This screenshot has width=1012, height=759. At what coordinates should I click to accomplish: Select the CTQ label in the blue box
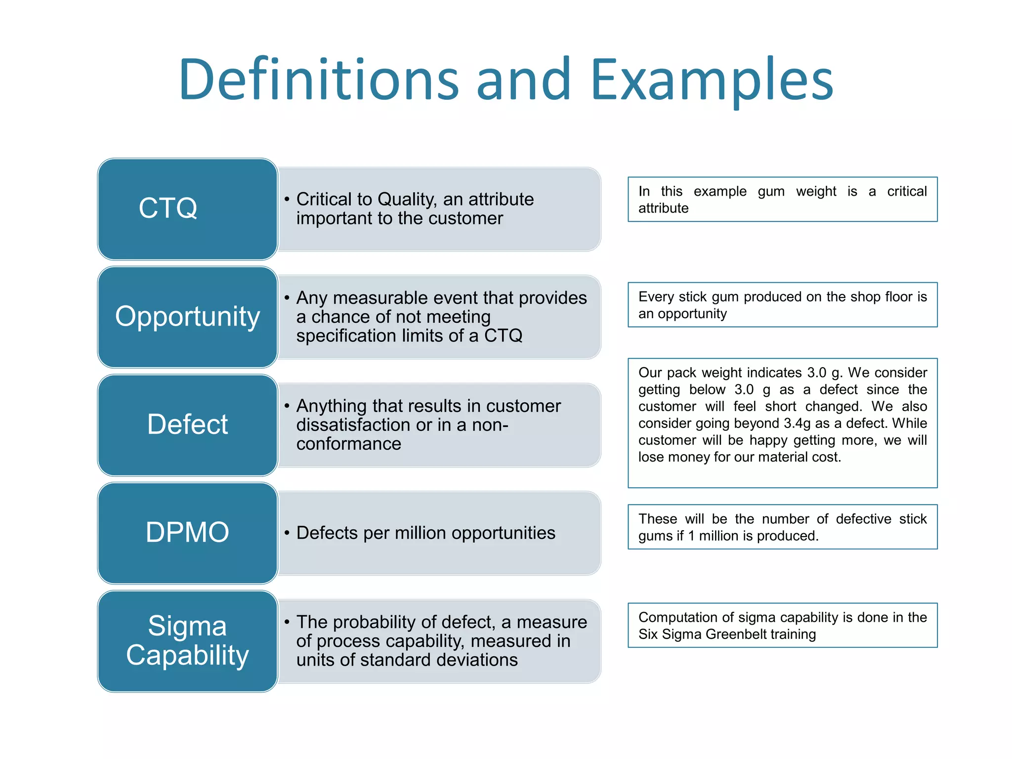[168, 208]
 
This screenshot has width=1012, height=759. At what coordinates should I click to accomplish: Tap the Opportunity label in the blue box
[187, 317]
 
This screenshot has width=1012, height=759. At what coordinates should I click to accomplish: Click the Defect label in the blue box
[187, 424]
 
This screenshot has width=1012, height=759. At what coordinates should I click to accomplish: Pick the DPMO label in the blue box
[187, 532]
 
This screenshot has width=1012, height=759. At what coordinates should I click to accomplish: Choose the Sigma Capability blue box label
[187, 640]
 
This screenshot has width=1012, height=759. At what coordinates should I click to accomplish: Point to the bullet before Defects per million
[287, 533]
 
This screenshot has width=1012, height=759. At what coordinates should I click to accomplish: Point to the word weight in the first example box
[816, 191]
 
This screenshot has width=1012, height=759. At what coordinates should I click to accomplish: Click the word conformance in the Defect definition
[348, 444]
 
